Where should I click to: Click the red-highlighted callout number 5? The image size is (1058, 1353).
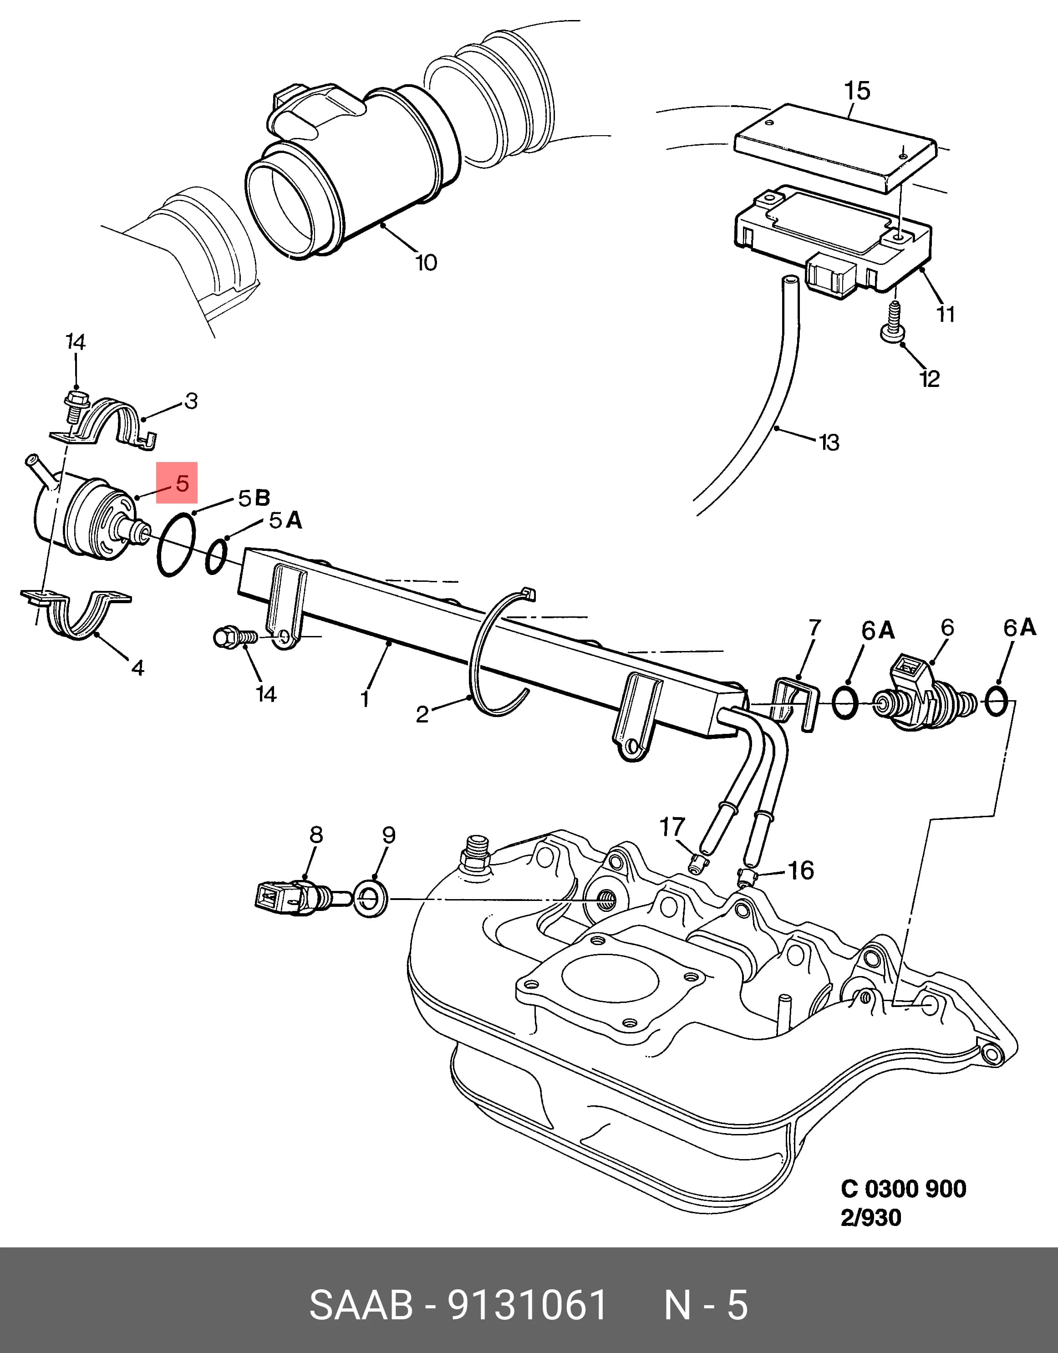tap(182, 483)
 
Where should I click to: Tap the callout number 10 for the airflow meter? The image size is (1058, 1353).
tap(426, 263)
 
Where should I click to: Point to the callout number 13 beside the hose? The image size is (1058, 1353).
tap(829, 443)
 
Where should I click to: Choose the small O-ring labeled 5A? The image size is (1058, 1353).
tap(216, 556)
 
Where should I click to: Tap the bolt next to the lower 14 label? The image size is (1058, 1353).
tap(236, 636)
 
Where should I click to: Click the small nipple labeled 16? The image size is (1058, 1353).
tap(747, 877)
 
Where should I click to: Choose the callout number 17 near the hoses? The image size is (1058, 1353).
tap(672, 827)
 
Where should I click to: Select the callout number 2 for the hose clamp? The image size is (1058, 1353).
tap(422, 714)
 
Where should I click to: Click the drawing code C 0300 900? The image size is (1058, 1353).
tap(903, 1189)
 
